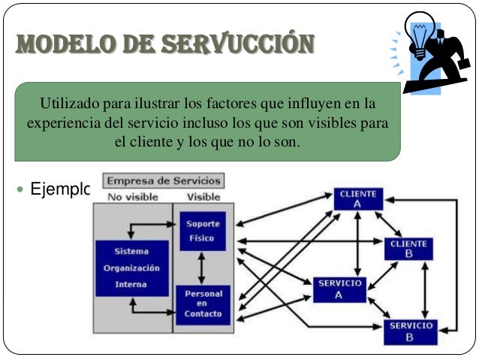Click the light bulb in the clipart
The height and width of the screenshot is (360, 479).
point(417,33)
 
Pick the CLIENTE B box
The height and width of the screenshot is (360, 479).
point(409,249)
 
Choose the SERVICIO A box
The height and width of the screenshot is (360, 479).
point(340,289)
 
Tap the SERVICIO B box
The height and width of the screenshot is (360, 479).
point(409,331)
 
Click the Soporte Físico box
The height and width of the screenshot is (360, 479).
point(200,231)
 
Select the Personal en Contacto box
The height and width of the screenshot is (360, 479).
point(200,303)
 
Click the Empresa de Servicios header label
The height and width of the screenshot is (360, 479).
point(164,181)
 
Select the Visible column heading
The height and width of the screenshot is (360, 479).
point(203,197)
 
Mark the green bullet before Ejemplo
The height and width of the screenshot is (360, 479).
point(19,188)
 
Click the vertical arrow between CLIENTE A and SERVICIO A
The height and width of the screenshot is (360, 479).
point(358,244)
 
